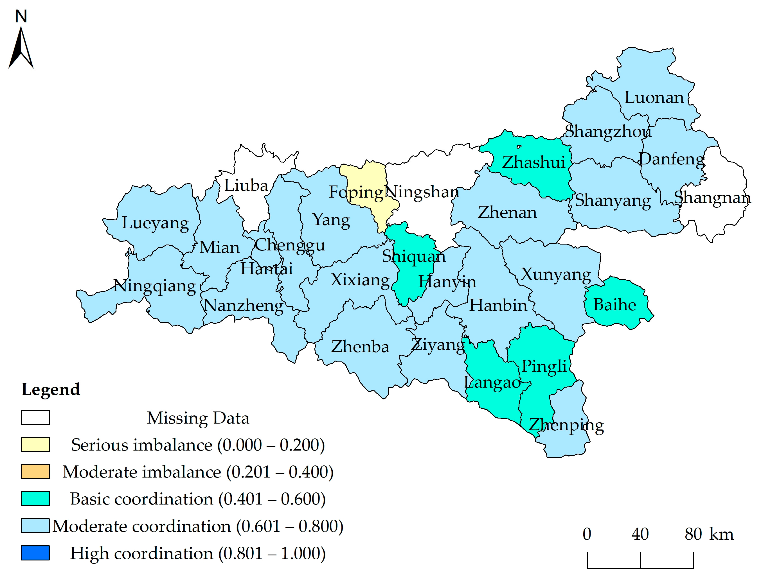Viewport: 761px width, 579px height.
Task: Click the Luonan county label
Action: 654,98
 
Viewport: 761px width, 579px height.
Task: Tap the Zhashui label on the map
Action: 533,162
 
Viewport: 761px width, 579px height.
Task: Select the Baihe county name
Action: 615,305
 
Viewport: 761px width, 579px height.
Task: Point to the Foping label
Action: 356,192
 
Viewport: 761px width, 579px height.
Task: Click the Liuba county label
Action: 246,186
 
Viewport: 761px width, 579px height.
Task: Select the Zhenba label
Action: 360,347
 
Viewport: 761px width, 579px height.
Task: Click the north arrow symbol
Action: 21,48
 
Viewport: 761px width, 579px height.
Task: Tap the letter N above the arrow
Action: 21,16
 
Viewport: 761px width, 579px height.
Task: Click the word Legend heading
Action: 51,390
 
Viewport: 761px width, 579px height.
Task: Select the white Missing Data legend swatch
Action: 35,417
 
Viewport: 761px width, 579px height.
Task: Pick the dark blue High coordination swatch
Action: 35,553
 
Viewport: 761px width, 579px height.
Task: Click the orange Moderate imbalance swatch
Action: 35,471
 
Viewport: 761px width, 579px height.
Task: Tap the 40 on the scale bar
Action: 640,534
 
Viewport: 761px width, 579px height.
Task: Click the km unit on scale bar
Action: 721,534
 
